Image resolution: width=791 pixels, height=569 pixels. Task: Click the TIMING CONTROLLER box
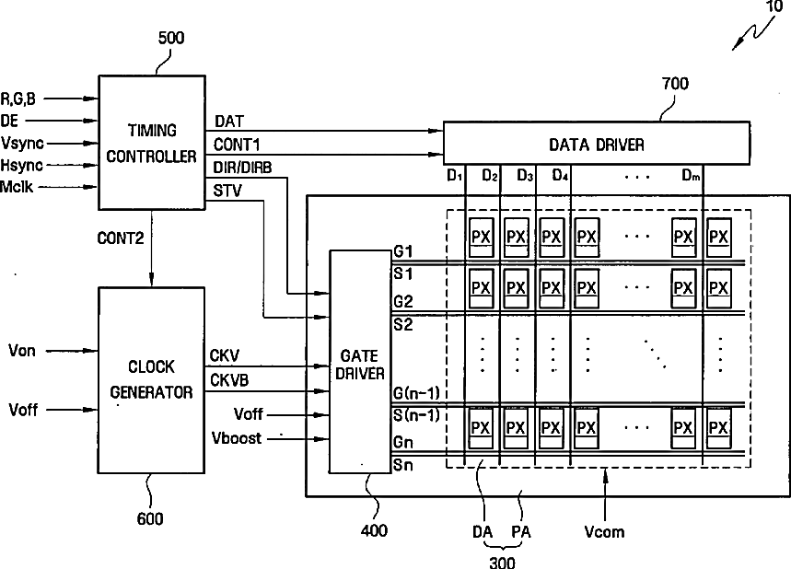(151, 143)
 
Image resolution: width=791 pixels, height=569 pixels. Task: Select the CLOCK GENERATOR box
(151, 379)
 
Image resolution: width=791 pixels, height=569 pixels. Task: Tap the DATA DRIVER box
(596, 145)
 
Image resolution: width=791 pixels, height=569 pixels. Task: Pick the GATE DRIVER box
(359, 362)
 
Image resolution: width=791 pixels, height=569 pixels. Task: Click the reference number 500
(171, 39)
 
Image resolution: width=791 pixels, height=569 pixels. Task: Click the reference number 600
(150, 519)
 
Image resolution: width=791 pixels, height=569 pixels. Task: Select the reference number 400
(374, 530)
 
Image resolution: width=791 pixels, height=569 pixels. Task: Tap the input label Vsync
(22, 143)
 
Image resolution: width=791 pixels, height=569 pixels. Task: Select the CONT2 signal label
(120, 238)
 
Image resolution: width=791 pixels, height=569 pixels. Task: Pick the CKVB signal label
(230, 379)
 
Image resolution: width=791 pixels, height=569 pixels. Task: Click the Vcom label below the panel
(604, 531)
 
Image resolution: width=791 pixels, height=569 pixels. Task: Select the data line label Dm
(692, 175)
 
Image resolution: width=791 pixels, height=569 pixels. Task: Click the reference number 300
(501, 562)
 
